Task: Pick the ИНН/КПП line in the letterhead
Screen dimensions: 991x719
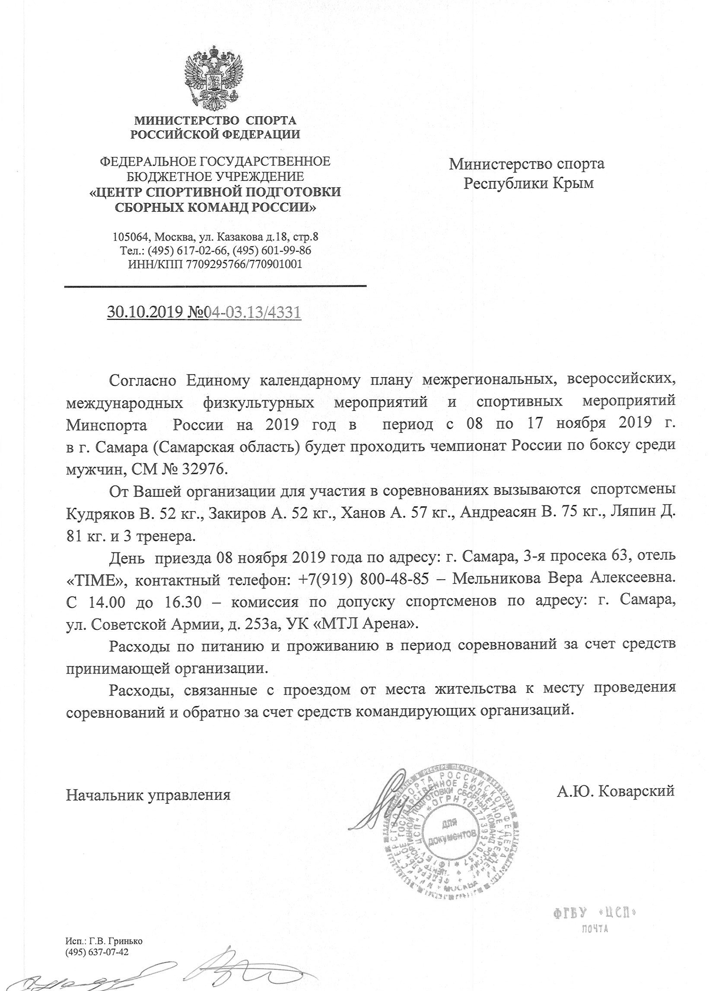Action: [x=215, y=264]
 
